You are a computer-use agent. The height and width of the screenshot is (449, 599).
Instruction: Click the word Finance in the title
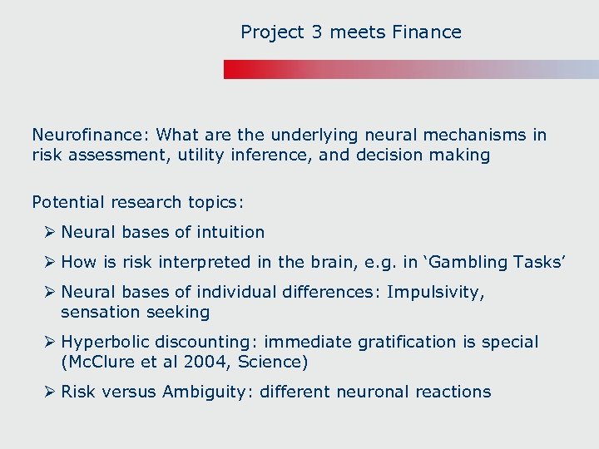pyautogui.click(x=428, y=32)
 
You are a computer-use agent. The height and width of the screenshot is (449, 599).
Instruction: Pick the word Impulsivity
pyautogui.click(x=435, y=292)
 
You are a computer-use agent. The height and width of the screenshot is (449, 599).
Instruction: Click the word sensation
pyautogui.click(x=97, y=312)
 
